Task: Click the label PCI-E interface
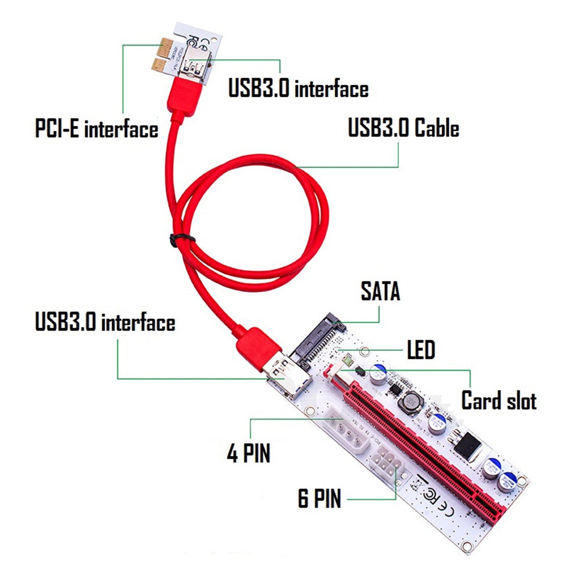(96, 129)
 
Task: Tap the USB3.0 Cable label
(403, 128)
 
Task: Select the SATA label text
(380, 291)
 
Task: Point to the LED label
(421, 350)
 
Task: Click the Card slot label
(498, 401)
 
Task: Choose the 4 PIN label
(249, 453)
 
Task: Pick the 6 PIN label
(319, 498)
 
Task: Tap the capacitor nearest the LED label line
(378, 374)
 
